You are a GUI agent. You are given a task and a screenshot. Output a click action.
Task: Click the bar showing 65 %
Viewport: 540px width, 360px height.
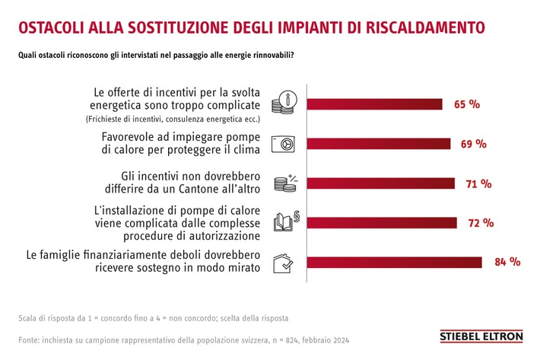pyautogui.click(x=374, y=104)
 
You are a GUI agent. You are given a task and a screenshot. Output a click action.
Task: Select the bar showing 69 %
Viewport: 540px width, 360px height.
pyautogui.click(x=378, y=144)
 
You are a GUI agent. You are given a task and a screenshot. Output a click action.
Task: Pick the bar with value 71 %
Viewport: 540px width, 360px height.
pyautogui.click(x=380, y=183)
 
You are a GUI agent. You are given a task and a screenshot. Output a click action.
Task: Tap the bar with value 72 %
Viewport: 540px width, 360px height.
pyautogui.click(x=381, y=223)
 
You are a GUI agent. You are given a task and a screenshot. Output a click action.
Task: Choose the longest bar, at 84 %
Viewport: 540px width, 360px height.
pyautogui.click(x=393, y=263)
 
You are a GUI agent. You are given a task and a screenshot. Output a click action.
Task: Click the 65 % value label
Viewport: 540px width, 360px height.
pyautogui.click(x=466, y=104)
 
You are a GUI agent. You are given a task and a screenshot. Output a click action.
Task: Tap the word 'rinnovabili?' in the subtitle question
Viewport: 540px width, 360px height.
pyautogui.click(x=275, y=55)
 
